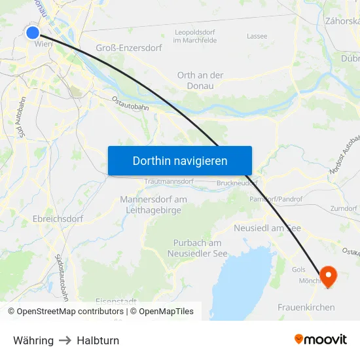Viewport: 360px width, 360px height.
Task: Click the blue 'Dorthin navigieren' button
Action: [x=180, y=160]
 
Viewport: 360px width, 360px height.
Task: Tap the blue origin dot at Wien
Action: [x=33, y=31]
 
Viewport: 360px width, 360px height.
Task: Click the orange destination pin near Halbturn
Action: [x=327, y=276]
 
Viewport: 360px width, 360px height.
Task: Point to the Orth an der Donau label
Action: [x=200, y=80]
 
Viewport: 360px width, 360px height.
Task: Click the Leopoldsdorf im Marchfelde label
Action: [x=196, y=36]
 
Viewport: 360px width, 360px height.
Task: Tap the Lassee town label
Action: [x=257, y=36]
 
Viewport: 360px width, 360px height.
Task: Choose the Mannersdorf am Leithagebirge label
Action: [x=154, y=204]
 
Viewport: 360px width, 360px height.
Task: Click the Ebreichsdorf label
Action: [x=58, y=219]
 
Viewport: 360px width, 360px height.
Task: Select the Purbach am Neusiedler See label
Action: [x=197, y=248]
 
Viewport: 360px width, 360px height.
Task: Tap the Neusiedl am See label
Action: [x=267, y=228]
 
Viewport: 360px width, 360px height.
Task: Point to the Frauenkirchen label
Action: [x=306, y=307]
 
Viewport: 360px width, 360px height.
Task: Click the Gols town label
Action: [x=298, y=270]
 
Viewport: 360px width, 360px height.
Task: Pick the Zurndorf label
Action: [x=344, y=208]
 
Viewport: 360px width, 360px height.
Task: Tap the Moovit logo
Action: [x=321, y=340]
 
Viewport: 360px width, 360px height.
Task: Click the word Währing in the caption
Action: [x=33, y=340]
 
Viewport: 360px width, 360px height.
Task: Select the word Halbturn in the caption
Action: [x=98, y=340]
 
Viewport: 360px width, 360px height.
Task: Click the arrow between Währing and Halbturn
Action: [x=65, y=340]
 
